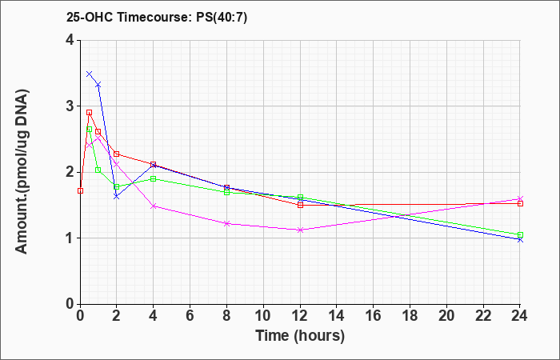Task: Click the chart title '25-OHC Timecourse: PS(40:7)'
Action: (157, 17)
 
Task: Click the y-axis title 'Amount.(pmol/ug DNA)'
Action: (22, 172)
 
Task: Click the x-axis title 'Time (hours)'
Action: (300, 336)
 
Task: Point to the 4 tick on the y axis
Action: (70, 40)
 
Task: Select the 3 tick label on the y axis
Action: (70, 106)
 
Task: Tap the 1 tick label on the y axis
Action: (70, 238)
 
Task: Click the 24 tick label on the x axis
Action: (520, 315)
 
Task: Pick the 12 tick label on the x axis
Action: (300, 315)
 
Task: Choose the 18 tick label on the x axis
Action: (410, 315)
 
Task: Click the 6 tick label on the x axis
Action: (190, 315)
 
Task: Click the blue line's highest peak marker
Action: (90, 74)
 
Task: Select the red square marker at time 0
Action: (80, 190)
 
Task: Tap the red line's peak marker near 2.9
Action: (90, 113)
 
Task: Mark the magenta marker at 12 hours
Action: (300, 230)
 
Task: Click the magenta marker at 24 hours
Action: (520, 198)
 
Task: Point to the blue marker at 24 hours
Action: (520, 240)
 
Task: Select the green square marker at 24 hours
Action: (520, 234)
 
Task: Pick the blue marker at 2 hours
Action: (117, 197)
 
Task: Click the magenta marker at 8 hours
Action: (226, 223)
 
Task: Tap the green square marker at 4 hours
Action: (154, 178)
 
